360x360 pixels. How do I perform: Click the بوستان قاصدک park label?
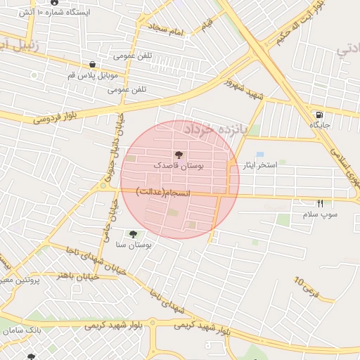click(x=179, y=167)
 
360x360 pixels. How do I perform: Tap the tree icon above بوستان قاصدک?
click(x=178, y=155)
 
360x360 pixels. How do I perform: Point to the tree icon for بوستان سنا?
click(x=133, y=233)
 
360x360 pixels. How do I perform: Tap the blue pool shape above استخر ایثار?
click(x=260, y=154)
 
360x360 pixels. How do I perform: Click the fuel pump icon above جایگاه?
click(x=320, y=115)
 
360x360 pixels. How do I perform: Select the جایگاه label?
click(x=320, y=125)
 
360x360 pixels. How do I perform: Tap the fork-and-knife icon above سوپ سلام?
click(x=320, y=203)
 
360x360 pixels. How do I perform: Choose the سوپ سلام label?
click(x=320, y=213)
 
